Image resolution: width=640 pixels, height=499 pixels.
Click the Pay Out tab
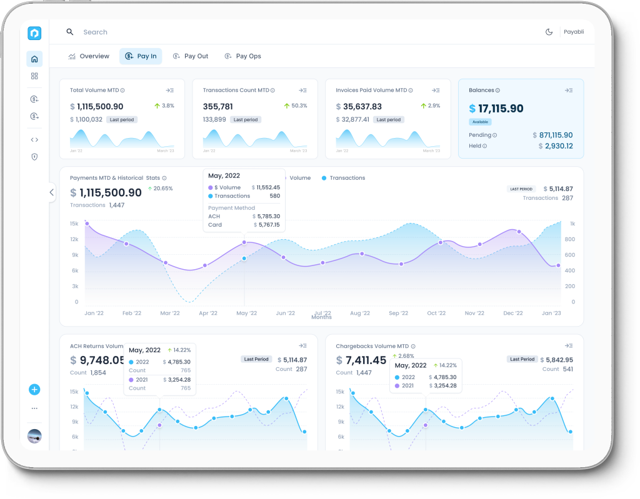[x=191, y=56]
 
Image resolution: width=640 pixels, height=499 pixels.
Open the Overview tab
[x=89, y=56]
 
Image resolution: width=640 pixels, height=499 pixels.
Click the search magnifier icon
[x=70, y=32]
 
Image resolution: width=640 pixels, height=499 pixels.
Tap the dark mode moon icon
[x=549, y=32]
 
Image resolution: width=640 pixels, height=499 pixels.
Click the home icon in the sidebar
[x=34, y=59]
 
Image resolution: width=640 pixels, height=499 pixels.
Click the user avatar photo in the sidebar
[x=34, y=436]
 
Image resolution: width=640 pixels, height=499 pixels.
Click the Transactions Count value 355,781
[x=218, y=107]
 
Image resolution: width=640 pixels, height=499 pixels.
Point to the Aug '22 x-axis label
[x=360, y=313]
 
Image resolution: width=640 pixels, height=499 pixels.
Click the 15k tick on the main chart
[x=74, y=224]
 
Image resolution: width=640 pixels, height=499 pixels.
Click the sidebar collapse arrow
[x=52, y=192]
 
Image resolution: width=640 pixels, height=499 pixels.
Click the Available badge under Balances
[x=480, y=122]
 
